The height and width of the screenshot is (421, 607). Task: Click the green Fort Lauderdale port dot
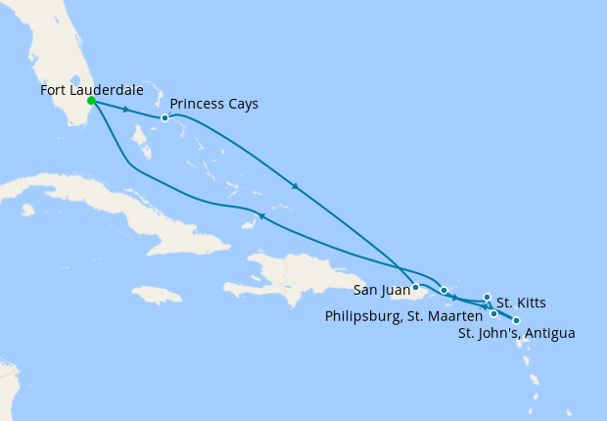point(90,100)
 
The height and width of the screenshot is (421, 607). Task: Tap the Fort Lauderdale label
point(92,90)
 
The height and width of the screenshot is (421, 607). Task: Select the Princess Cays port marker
point(164,117)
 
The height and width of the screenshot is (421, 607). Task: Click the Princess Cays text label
point(214,104)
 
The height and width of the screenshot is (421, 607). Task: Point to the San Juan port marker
point(416,287)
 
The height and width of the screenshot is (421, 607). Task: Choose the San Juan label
point(379,290)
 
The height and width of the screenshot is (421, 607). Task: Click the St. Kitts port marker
point(487,296)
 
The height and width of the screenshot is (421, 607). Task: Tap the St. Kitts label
point(521,302)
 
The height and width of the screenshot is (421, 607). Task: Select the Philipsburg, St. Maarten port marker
point(493,313)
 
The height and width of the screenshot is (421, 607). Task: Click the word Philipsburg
point(366,315)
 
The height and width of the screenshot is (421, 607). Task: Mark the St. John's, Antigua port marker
point(516,320)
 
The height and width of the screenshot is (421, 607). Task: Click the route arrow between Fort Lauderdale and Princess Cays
point(126,109)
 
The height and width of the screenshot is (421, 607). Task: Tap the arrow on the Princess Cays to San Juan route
point(295,186)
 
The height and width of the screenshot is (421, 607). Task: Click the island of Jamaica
point(156,294)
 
